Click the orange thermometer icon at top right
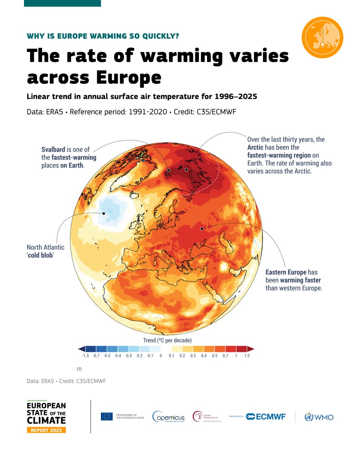pyautogui.click(x=322, y=37)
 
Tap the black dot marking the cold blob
pyautogui.click(x=104, y=213)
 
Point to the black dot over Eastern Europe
pyautogui.click(x=202, y=228)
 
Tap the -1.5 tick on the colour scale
pyautogui.click(x=86, y=355)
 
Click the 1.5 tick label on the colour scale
pyautogui.click(x=247, y=355)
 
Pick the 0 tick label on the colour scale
pyautogui.click(x=160, y=355)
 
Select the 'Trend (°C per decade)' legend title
pyautogui.click(x=167, y=340)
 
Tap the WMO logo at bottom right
pyautogui.click(x=319, y=417)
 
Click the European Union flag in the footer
pyautogui.click(x=106, y=416)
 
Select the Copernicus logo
pyautogui.click(x=168, y=417)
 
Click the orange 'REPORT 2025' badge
pyautogui.click(x=46, y=430)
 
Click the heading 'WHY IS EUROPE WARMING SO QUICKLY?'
pyautogui.click(x=103, y=36)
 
